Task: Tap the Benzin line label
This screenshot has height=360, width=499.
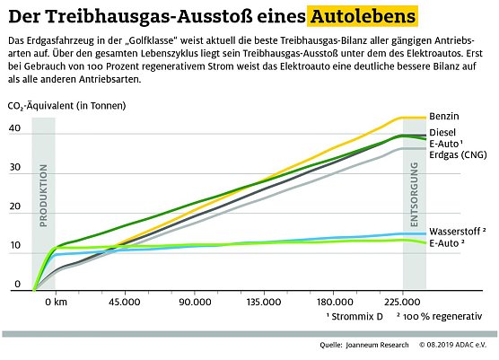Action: (x=443, y=118)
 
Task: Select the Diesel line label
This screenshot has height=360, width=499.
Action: (x=442, y=133)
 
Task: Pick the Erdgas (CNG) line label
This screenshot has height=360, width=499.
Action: (x=458, y=154)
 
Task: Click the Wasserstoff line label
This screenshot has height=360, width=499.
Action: (x=457, y=231)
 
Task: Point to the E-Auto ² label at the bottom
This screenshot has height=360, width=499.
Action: (x=446, y=242)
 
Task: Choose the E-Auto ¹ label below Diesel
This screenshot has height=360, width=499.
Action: (x=446, y=144)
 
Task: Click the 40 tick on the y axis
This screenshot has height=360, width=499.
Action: (x=13, y=127)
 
